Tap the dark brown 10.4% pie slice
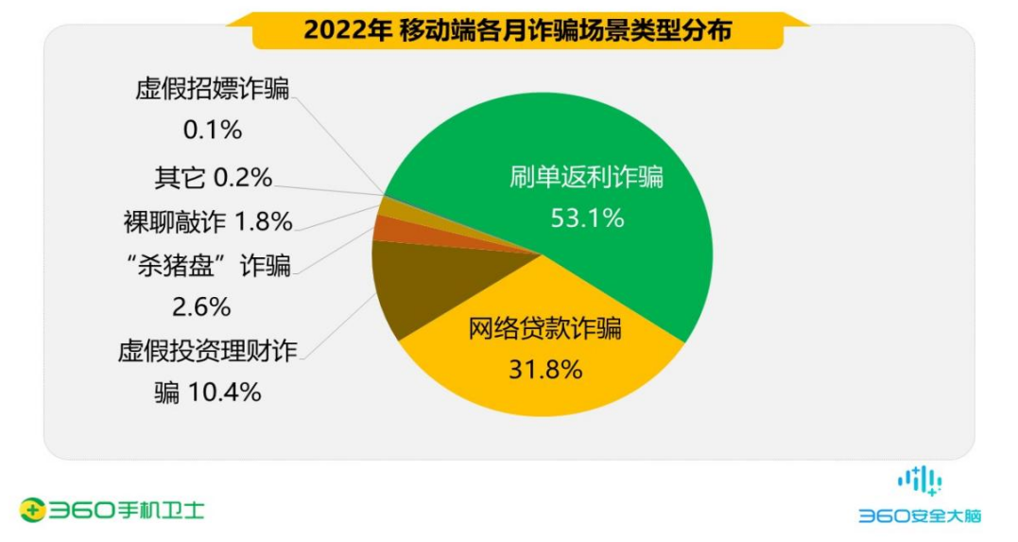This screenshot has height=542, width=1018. [416, 284]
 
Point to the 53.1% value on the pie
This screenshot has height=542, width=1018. [587, 219]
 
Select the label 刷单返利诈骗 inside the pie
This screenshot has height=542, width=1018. [586, 178]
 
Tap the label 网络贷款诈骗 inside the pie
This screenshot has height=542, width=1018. [544, 329]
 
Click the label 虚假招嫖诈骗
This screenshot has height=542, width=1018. [213, 89]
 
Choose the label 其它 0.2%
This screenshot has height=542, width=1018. [214, 178]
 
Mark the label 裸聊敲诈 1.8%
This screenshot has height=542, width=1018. [208, 222]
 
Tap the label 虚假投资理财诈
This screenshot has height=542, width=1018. [208, 351]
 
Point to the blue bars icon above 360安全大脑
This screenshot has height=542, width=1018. [919, 481]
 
